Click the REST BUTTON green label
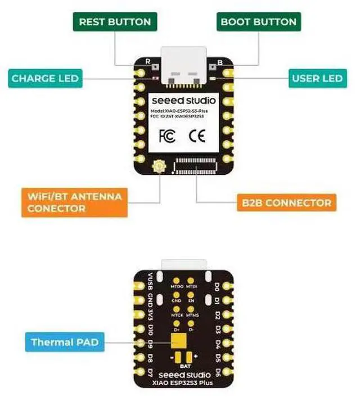point(115,22)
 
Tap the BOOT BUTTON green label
point(258,22)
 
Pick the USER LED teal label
point(317,78)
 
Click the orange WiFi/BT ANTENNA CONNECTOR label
point(74,202)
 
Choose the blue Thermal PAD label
point(64,342)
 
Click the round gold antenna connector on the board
point(158,166)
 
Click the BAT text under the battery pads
point(180,365)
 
